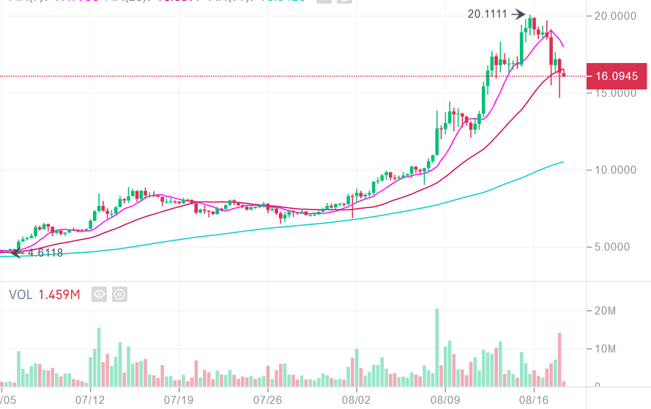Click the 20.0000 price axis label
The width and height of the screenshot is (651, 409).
(616, 15)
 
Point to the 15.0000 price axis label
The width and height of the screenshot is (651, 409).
(616, 93)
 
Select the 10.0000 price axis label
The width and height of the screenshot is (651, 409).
(616, 170)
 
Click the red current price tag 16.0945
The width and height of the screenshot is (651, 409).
(617, 76)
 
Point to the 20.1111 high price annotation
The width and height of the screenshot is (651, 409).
(487, 14)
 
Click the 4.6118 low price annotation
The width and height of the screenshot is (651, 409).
(45, 253)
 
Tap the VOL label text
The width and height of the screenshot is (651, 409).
(21, 295)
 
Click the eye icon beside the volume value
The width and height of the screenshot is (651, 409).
(100, 295)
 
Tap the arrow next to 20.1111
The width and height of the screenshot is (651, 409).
(518, 14)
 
